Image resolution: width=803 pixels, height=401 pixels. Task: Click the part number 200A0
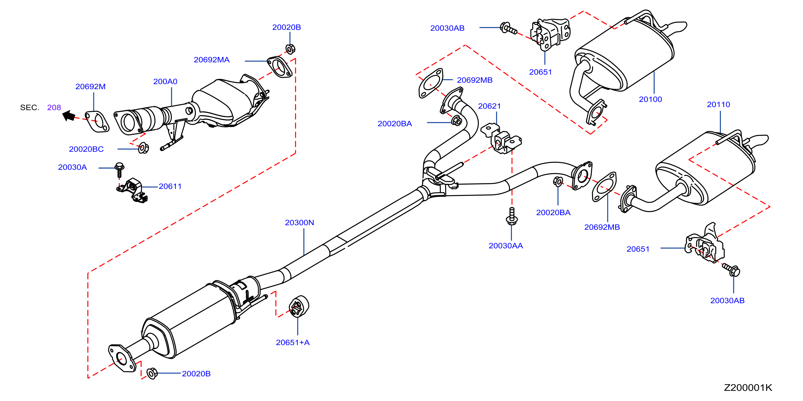pyautogui.click(x=165, y=82)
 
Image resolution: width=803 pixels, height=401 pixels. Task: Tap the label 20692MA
pyautogui.click(x=212, y=60)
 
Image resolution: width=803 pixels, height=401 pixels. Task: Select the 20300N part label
pyautogui.click(x=299, y=223)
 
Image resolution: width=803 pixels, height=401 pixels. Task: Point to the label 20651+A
pyautogui.click(x=293, y=342)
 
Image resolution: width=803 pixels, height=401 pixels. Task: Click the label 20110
pyautogui.click(x=718, y=105)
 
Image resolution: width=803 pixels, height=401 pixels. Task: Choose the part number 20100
pyautogui.click(x=650, y=99)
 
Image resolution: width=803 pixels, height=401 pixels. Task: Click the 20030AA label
pyautogui.click(x=506, y=246)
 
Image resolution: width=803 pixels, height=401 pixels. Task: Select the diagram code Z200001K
pyautogui.click(x=748, y=387)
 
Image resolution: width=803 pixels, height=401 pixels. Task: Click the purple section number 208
pyautogui.click(x=54, y=108)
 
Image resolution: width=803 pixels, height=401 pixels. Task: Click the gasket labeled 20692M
pyautogui.click(x=97, y=122)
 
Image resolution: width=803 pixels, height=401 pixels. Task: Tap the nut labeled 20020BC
pyautogui.click(x=143, y=148)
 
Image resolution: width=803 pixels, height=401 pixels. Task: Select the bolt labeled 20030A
pyautogui.click(x=119, y=170)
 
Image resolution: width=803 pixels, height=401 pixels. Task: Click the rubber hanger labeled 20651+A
pyautogui.click(x=299, y=306)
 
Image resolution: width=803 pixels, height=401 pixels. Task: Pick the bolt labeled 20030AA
pyautogui.click(x=511, y=216)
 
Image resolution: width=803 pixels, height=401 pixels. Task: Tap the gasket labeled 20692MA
pyautogui.click(x=280, y=67)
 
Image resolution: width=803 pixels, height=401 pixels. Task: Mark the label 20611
pyautogui.click(x=170, y=186)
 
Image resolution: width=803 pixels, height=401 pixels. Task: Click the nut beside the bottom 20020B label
pyautogui.click(x=152, y=373)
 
